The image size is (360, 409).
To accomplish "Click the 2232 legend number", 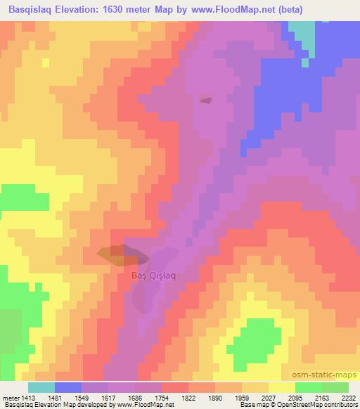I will coord(349,397).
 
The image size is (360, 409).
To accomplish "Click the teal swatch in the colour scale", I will coord(41,387).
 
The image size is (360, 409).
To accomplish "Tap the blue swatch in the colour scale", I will coord(68,387).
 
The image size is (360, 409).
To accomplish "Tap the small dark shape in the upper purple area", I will coord(205,100).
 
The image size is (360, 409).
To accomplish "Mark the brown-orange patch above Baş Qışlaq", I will coord(112,254).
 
